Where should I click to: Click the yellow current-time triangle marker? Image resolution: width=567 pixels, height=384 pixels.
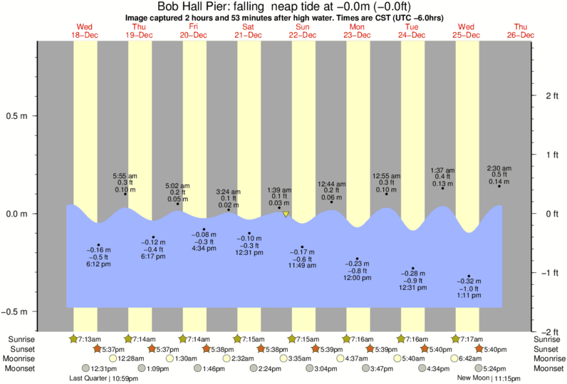[286, 214]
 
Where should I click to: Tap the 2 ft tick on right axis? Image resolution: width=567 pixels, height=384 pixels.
[548, 95]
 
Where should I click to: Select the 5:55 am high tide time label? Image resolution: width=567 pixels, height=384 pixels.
[125, 176]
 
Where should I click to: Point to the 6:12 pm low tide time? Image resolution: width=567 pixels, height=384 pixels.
[98, 264]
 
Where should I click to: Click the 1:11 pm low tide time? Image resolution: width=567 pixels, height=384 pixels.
[469, 294]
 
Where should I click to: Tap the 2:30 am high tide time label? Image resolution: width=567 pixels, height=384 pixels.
[499, 168]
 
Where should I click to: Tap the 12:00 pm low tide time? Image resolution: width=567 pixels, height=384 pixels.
[357, 277]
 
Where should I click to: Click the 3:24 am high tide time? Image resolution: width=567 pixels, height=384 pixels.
[228, 192]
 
